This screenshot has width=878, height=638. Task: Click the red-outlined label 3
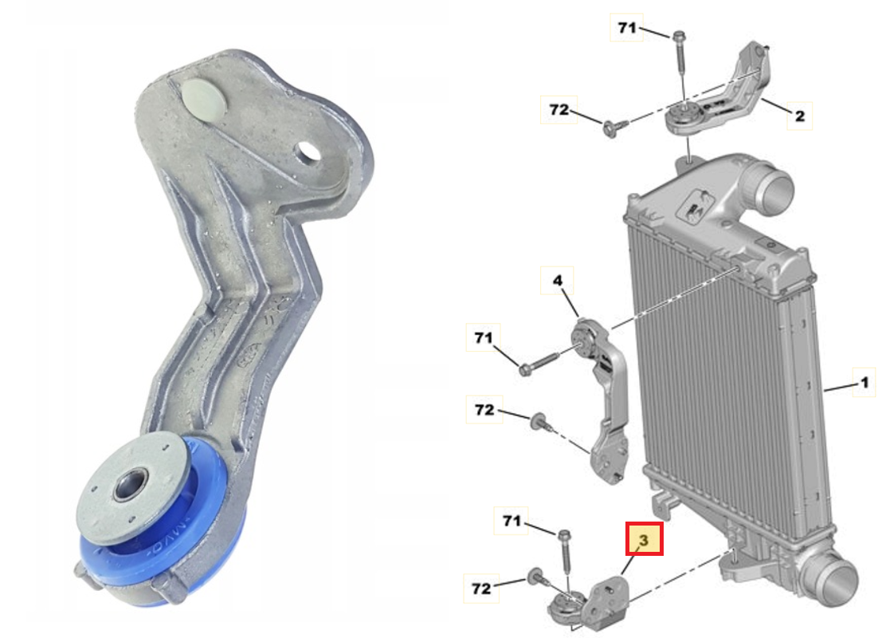645,540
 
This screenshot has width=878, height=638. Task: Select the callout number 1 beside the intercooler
862,384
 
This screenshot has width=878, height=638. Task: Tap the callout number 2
798,116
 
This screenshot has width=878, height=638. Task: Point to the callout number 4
558,281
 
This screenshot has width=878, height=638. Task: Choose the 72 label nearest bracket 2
559,110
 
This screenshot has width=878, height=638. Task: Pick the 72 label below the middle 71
484,410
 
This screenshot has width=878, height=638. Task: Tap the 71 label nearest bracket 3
512,522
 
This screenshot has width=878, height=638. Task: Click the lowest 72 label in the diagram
480,589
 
